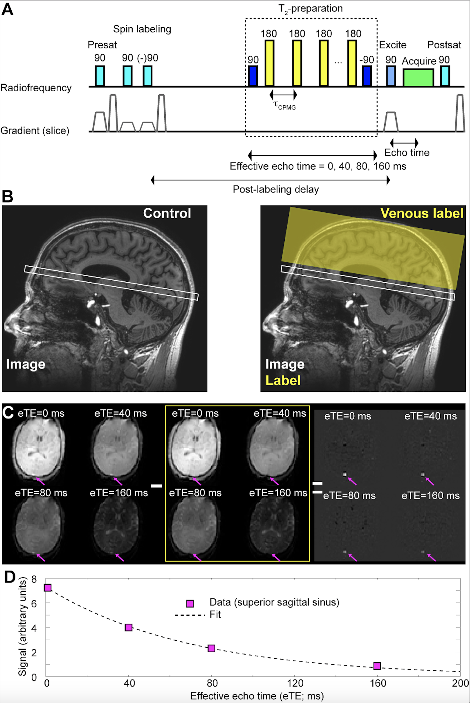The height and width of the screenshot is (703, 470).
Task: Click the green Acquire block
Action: point(418,77)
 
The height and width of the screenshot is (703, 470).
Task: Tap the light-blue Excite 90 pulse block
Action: point(390,76)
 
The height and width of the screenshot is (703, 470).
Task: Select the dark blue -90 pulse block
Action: point(367,76)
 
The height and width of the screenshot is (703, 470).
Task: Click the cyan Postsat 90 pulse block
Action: point(445,76)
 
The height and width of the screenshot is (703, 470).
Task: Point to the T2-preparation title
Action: point(310,9)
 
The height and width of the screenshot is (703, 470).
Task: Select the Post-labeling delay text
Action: point(276,189)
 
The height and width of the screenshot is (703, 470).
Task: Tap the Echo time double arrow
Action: point(404,143)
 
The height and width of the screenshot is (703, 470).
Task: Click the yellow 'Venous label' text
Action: point(422,213)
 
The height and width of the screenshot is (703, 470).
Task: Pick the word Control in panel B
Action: point(167,213)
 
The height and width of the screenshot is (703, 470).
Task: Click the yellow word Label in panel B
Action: point(283,380)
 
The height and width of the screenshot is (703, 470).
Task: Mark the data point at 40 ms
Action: point(129,628)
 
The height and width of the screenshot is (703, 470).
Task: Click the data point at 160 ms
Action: point(377,666)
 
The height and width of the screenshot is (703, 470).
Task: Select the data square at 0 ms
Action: point(48,588)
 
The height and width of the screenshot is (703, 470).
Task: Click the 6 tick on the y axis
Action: point(34,604)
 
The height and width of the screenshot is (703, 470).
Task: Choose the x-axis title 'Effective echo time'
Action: point(257,696)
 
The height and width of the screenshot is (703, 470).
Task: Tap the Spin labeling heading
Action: point(142,29)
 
